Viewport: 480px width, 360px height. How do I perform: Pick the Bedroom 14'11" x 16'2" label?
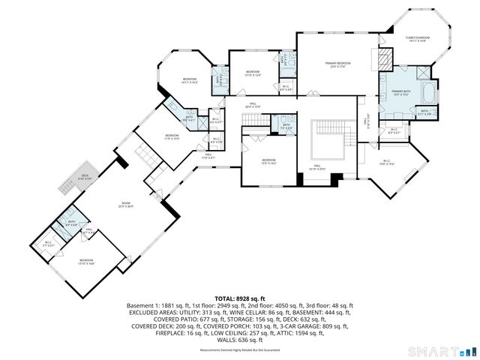coord(189,80)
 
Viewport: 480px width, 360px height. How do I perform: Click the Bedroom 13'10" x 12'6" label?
coord(253,73)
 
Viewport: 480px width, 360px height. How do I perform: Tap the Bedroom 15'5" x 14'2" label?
coord(268,162)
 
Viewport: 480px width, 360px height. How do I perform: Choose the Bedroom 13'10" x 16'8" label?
coord(86,262)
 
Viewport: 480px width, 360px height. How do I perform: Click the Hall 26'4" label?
coord(253,105)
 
